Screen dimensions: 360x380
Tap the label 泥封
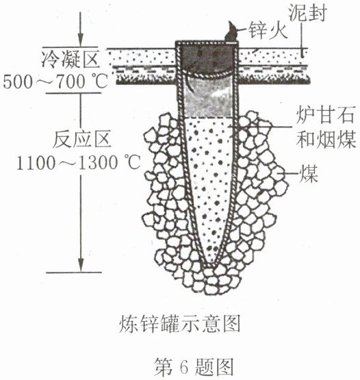click(x=307, y=12)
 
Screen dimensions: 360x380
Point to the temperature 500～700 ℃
click(x=55, y=81)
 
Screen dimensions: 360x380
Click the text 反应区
click(x=82, y=139)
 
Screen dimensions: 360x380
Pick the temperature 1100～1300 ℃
click(x=79, y=163)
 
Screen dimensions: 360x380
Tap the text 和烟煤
click(x=326, y=140)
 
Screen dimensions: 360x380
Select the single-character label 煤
click(x=309, y=174)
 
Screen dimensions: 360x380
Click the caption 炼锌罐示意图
click(x=179, y=324)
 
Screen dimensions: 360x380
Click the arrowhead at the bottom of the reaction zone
click(x=81, y=265)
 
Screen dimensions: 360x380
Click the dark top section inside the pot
click(x=207, y=60)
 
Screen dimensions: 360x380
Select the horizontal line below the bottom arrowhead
click(x=74, y=273)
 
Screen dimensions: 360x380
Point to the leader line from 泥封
click(x=302, y=40)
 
